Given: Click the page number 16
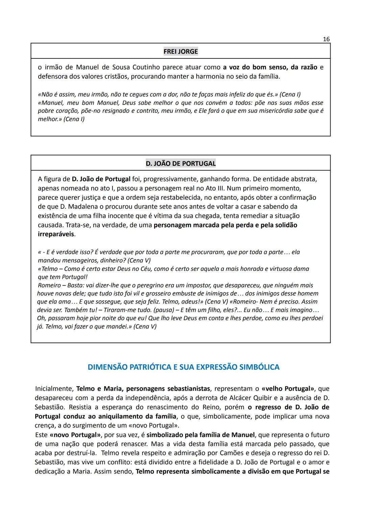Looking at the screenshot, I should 326,39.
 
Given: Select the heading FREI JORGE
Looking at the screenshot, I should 180,51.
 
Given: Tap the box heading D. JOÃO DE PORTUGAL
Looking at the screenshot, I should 180,163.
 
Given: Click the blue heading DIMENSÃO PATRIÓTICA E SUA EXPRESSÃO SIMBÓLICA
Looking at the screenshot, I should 184,367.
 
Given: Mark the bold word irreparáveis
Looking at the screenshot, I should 56,234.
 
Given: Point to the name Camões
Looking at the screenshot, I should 230,453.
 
